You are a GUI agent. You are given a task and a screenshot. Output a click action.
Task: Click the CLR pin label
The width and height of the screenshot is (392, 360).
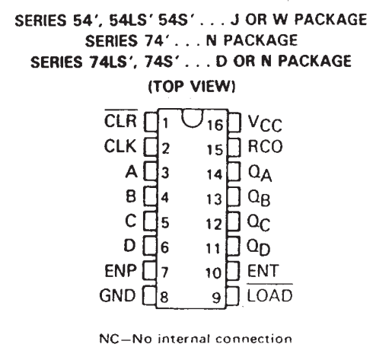(121, 119)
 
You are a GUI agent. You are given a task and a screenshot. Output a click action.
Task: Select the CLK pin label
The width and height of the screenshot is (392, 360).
(120, 146)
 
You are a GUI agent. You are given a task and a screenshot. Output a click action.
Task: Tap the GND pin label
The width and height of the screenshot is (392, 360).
(117, 295)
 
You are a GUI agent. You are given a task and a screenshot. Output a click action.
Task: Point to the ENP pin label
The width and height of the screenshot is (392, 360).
(120, 270)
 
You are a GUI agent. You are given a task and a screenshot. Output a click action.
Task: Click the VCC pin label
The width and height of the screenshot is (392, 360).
(265, 123)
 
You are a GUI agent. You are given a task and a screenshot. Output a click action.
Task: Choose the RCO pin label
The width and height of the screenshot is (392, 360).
(265, 146)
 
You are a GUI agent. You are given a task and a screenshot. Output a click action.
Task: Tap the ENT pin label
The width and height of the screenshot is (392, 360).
(263, 271)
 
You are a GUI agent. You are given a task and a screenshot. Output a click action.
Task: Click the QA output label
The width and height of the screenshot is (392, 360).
(260, 174)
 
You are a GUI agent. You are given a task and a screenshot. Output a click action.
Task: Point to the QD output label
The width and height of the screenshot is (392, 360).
(259, 247)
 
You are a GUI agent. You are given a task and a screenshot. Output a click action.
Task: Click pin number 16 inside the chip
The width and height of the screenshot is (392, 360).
(215, 125)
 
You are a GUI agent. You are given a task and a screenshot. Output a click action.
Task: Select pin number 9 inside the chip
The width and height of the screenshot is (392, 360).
(216, 298)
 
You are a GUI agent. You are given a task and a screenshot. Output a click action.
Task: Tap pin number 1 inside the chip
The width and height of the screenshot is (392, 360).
(165, 123)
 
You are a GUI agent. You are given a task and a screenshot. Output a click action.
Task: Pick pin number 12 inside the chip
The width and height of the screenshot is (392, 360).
(214, 224)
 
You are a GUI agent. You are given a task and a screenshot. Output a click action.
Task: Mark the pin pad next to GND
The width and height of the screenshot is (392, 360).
(149, 295)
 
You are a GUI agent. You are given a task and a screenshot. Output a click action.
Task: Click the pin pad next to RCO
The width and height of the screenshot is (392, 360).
(234, 148)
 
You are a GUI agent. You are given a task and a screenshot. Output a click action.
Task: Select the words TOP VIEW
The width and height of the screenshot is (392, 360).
(192, 87)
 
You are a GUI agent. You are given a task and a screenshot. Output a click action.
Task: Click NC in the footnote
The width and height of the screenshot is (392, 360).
(109, 339)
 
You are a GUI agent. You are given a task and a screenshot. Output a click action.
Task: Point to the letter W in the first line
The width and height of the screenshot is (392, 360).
(282, 19)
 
